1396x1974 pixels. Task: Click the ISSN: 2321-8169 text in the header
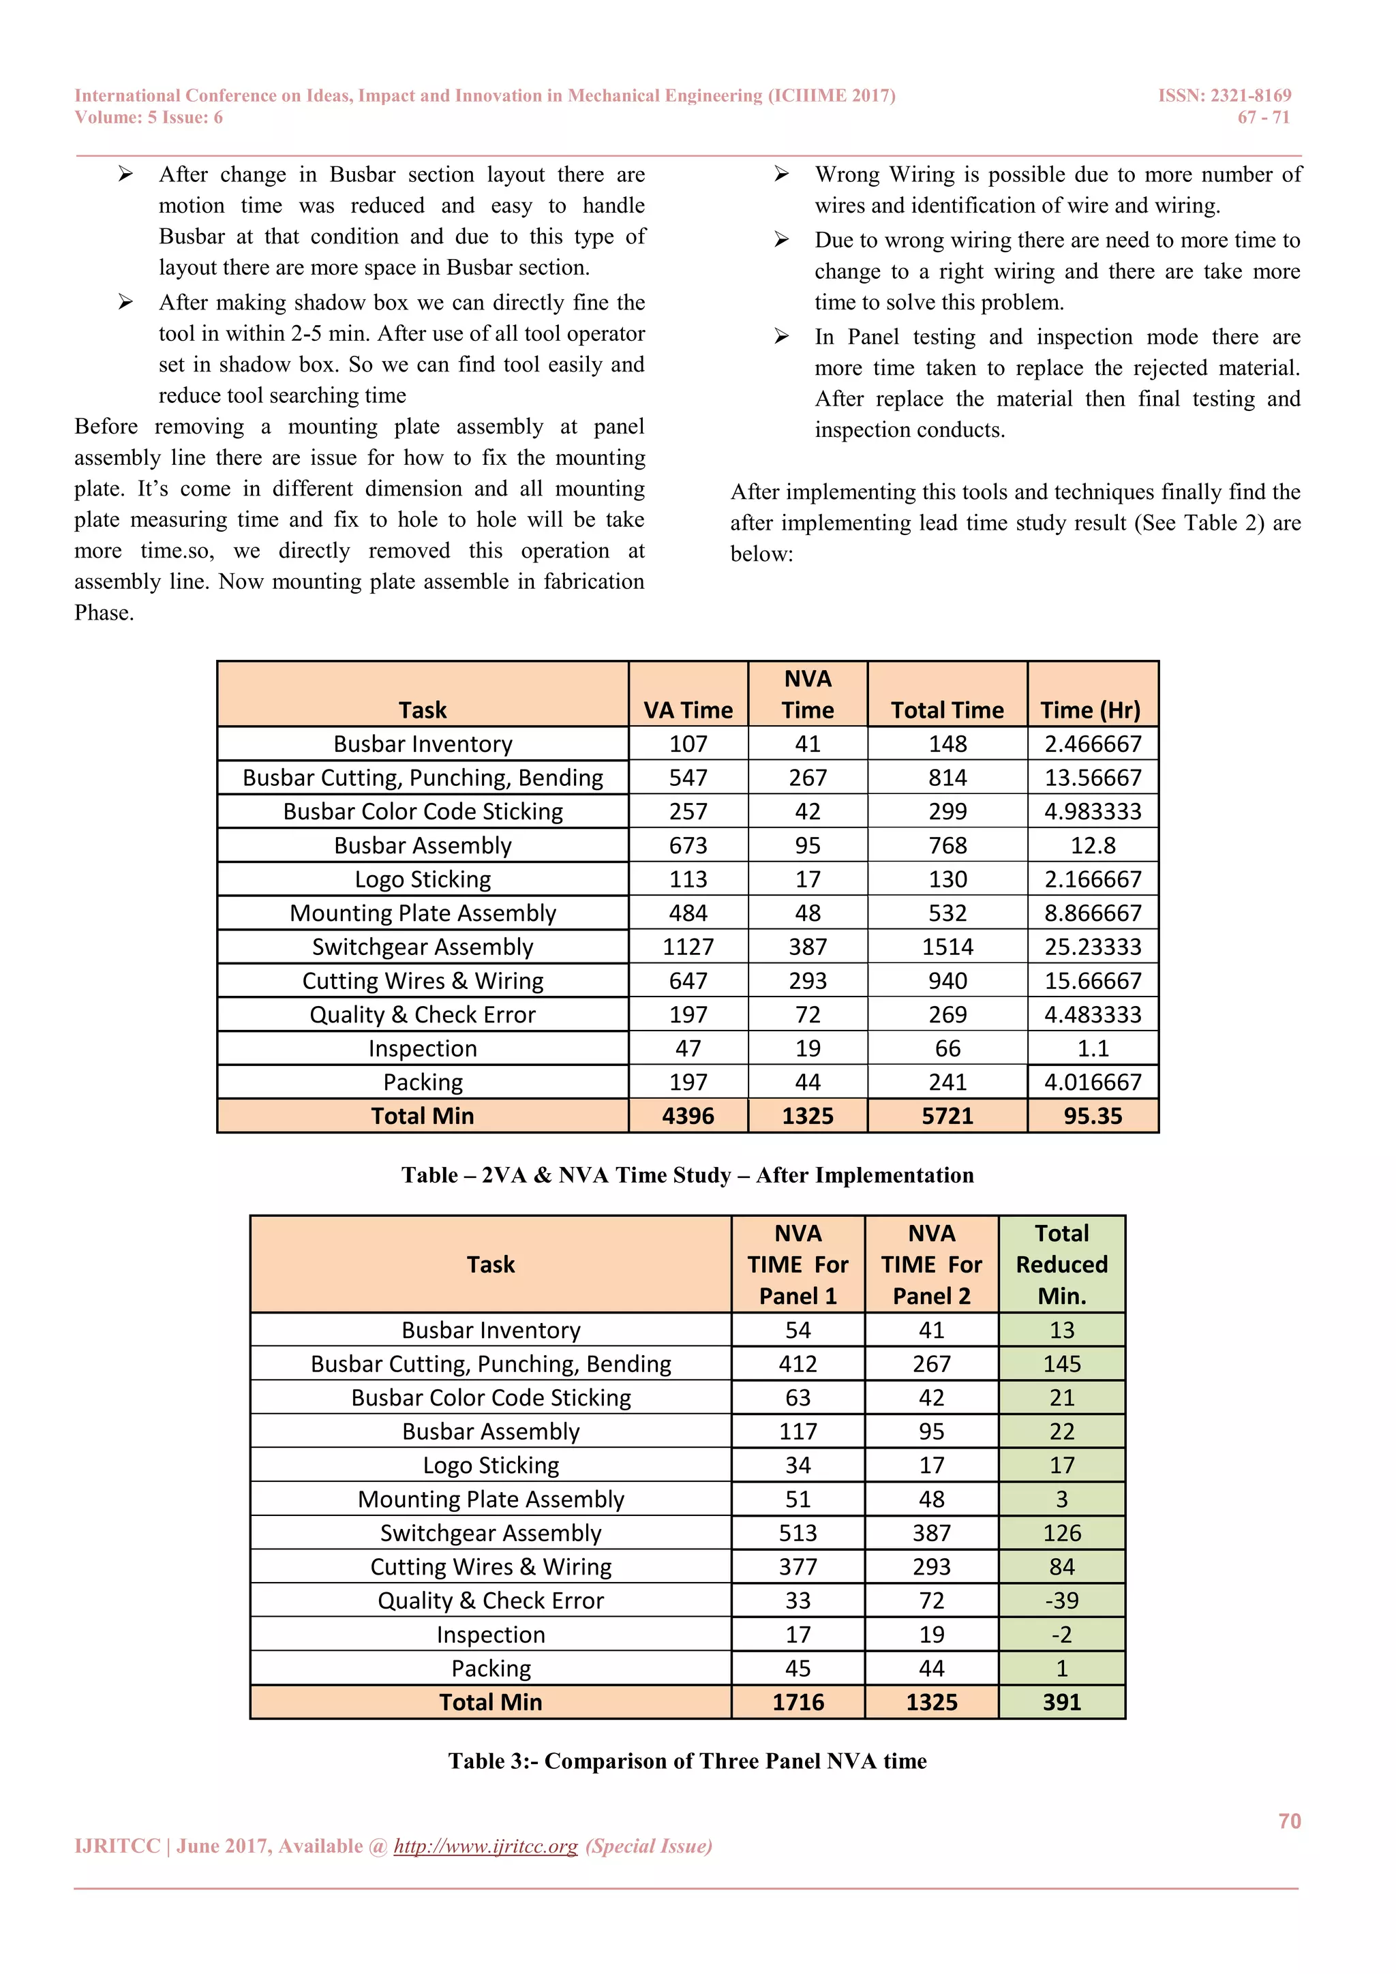(x=1224, y=95)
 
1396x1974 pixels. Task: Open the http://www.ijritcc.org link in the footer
(x=486, y=1846)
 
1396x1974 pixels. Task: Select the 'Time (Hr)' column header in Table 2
(x=1090, y=710)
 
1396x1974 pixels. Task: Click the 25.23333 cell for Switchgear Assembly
(x=1092, y=947)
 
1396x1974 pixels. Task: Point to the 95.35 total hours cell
(x=1092, y=1116)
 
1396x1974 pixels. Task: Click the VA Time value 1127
(x=688, y=947)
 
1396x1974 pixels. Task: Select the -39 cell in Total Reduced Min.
(x=1061, y=1601)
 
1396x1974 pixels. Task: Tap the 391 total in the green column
(x=1061, y=1702)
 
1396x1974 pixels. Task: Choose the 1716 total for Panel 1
(x=797, y=1702)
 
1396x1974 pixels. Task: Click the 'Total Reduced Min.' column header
(x=1061, y=1264)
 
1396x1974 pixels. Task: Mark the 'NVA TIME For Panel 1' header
(x=797, y=1264)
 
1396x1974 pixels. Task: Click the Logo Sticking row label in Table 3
(x=491, y=1465)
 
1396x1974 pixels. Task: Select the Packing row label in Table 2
(x=422, y=1082)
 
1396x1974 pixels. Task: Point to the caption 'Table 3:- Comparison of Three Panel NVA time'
(x=687, y=1761)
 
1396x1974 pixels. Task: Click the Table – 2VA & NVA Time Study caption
(x=687, y=1175)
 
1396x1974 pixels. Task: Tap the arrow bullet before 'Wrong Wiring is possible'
(x=780, y=174)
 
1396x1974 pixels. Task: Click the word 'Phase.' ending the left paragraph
(x=104, y=613)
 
